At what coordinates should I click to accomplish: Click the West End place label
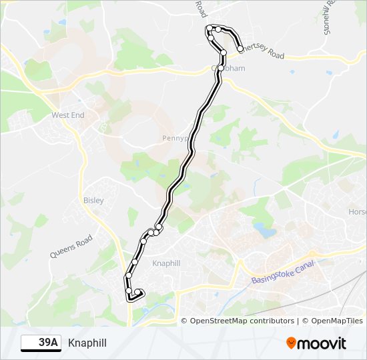[68, 115]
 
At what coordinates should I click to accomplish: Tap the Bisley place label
[94, 199]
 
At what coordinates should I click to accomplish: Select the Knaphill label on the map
[166, 263]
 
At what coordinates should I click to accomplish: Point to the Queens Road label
[71, 245]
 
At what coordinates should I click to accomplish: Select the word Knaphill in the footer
[87, 343]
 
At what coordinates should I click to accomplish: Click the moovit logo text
[323, 343]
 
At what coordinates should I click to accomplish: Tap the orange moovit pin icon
[292, 343]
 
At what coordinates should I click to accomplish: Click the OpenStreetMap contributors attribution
[242, 321]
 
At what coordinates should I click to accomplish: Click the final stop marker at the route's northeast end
[240, 49]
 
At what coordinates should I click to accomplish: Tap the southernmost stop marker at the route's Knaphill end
[129, 291]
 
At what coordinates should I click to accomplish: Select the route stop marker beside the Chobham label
[221, 68]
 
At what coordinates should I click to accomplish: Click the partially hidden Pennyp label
[176, 138]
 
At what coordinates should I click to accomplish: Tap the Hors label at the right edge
[357, 212]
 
